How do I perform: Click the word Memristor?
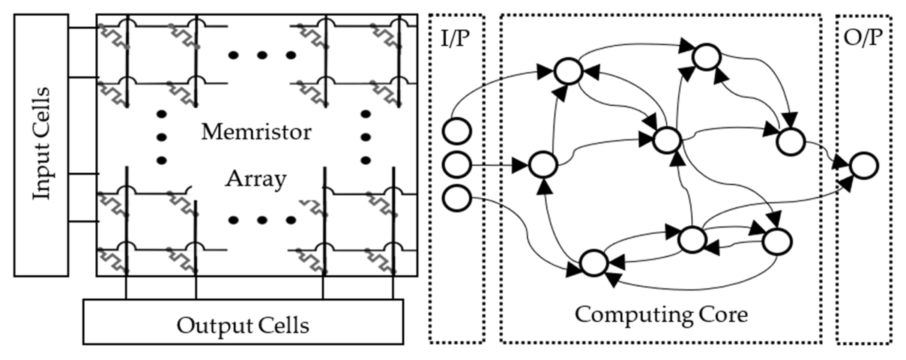pyautogui.click(x=256, y=132)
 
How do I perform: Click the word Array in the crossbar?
pyautogui.click(x=256, y=179)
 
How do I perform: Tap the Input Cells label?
pyautogui.click(x=41, y=144)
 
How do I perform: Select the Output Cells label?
pyautogui.click(x=243, y=325)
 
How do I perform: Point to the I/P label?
pyautogui.click(x=455, y=38)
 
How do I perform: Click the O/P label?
pyautogui.click(x=863, y=37)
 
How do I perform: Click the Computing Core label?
pyautogui.click(x=661, y=314)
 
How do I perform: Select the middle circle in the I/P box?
pyautogui.click(x=457, y=165)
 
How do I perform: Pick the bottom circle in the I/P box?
pyautogui.click(x=457, y=198)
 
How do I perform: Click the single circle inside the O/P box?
pyautogui.click(x=864, y=165)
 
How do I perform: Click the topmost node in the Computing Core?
pyautogui.click(x=706, y=57)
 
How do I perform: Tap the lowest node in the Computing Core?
pyautogui.click(x=594, y=263)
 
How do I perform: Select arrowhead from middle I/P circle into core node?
pyautogui.click(x=520, y=165)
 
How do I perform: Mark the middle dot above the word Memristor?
pyautogui.click(x=262, y=55)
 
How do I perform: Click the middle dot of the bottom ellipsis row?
pyautogui.click(x=262, y=220)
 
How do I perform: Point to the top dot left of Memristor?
pyautogui.click(x=161, y=114)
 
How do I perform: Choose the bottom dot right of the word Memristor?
pyautogui.click(x=365, y=160)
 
